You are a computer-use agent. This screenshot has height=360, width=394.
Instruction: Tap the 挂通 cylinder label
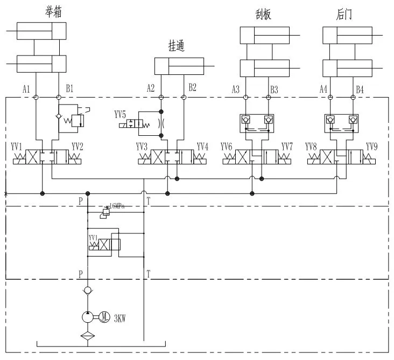click(176, 47)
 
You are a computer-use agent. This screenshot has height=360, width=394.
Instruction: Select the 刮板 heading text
click(263, 15)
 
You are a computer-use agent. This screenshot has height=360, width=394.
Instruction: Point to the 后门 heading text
click(344, 15)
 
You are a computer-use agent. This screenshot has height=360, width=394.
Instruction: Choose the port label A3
click(235, 89)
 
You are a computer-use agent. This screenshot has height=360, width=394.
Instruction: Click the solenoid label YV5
click(121, 114)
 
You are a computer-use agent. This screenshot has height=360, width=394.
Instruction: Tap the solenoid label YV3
click(142, 147)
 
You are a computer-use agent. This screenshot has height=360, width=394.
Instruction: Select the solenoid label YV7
click(287, 147)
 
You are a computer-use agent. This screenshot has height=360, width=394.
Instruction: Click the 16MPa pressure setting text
click(117, 206)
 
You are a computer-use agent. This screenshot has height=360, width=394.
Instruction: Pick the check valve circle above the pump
click(88, 291)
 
